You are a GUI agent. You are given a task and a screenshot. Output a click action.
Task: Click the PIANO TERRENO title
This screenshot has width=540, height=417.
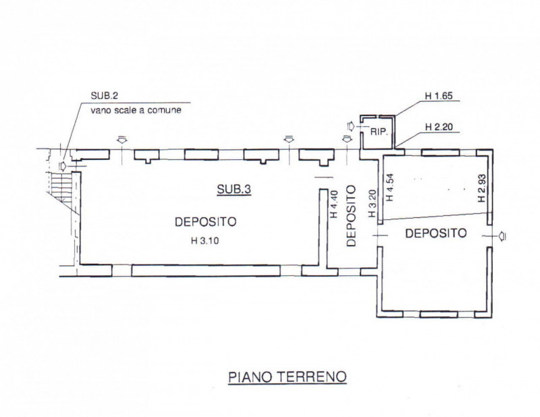click(x=286, y=377)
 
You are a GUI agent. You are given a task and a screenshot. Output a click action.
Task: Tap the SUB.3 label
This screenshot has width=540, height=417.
click(x=234, y=191)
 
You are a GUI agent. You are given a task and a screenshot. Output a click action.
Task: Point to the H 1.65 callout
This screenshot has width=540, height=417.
click(x=438, y=96)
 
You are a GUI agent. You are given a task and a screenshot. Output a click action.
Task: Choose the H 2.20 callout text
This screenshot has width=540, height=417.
click(x=438, y=127)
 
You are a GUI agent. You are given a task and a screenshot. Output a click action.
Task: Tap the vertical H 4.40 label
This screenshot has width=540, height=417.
click(x=333, y=204)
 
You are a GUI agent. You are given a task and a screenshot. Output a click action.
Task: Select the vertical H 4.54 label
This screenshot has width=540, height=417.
click(x=388, y=189)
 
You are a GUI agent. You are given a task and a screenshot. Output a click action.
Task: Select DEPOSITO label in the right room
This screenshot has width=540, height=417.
click(x=435, y=233)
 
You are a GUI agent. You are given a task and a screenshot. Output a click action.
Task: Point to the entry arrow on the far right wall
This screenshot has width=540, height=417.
click(x=504, y=235)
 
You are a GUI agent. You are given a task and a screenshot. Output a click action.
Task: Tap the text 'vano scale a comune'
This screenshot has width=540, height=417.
click(x=136, y=109)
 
